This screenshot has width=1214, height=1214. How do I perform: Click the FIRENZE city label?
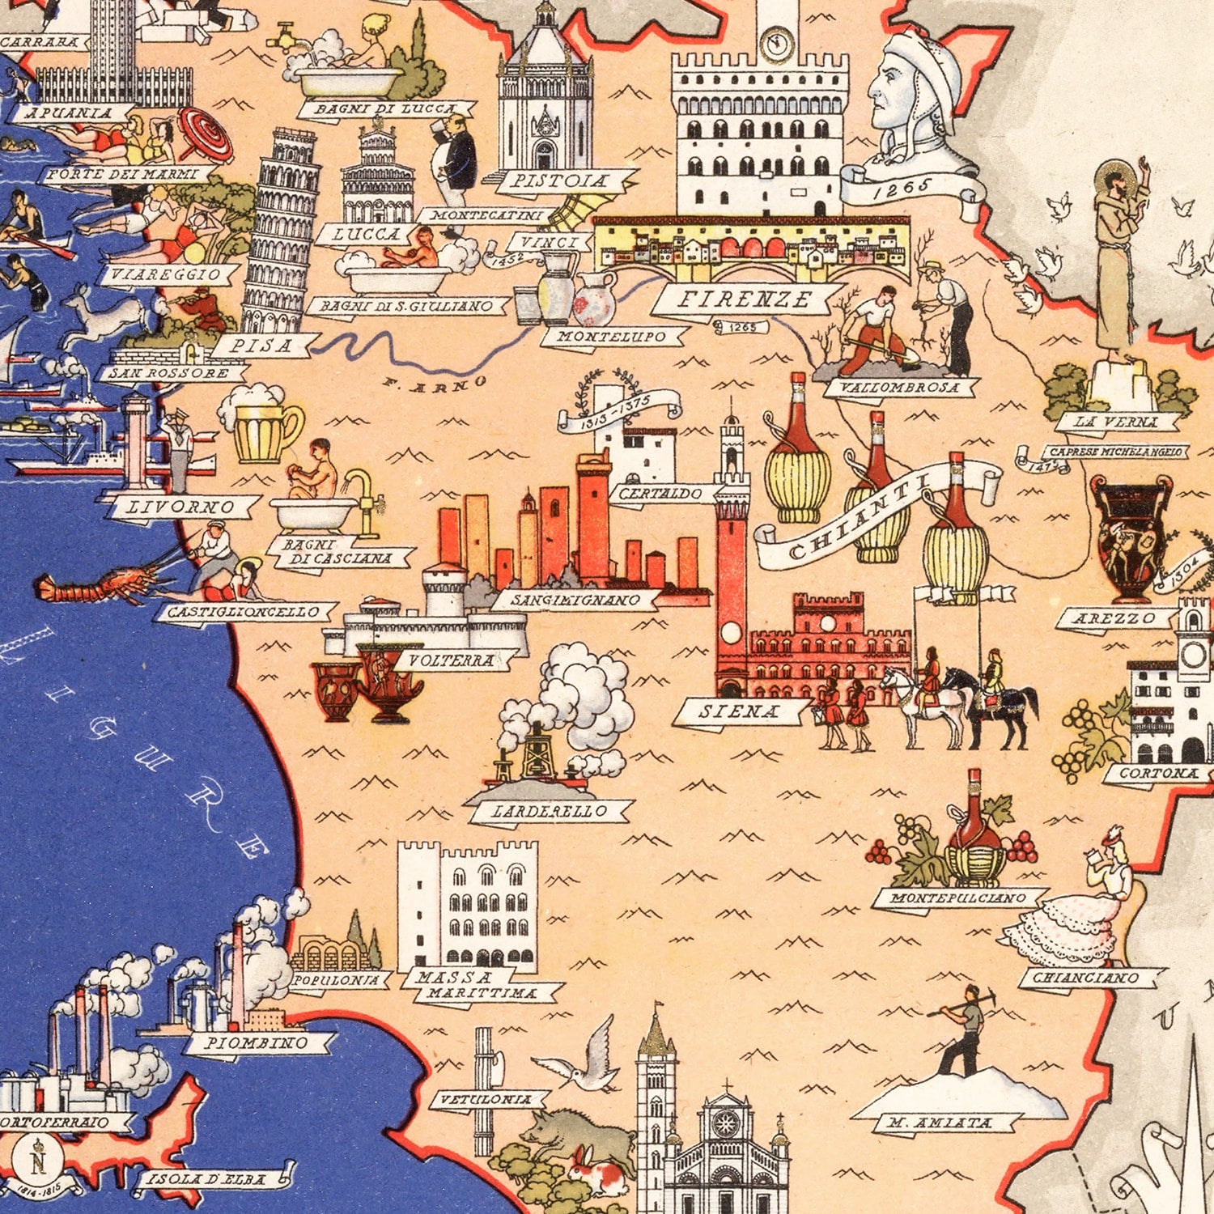[x=744, y=299]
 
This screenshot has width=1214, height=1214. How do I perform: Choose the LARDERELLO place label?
[x=549, y=811]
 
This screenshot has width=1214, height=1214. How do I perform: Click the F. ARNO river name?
[x=437, y=386]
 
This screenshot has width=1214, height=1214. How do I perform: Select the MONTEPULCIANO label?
[x=957, y=898]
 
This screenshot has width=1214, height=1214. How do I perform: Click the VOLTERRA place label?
[x=451, y=660]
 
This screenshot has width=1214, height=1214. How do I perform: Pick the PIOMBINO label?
[x=256, y=1043]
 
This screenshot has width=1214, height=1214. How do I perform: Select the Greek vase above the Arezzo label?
[x=1131, y=538]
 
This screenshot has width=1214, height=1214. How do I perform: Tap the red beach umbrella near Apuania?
[x=206, y=134]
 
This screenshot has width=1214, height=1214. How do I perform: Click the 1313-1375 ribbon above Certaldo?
[x=619, y=409]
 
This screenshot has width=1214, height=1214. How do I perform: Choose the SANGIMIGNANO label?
[x=575, y=601]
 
